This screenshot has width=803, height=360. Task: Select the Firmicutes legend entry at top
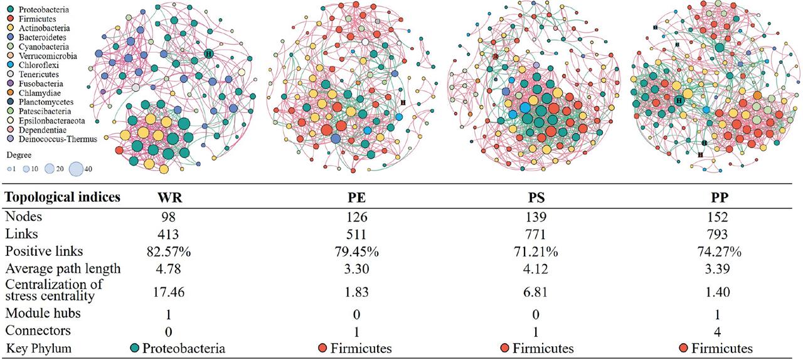pyautogui.click(x=34, y=19)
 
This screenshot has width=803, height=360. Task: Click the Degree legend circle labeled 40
pyautogui.click(x=77, y=168)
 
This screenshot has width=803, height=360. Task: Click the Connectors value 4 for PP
pyautogui.click(x=715, y=331)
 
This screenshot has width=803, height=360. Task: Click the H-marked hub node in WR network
pyautogui.click(x=208, y=54)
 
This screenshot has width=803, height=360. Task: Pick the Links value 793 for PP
pyautogui.click(x=715, y=234)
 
